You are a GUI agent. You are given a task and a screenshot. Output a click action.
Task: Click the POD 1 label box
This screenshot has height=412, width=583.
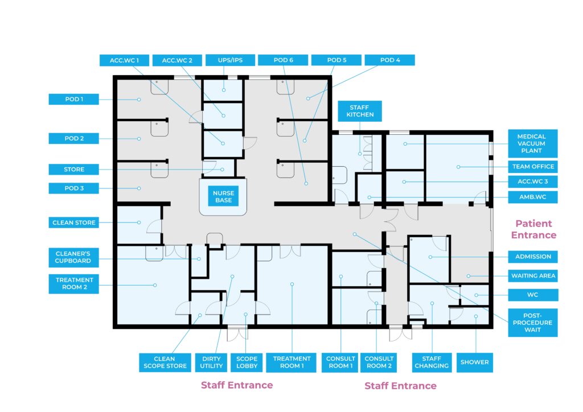tap(73, 99)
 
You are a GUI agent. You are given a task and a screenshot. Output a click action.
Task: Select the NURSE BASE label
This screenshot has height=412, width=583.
tap(223, 196)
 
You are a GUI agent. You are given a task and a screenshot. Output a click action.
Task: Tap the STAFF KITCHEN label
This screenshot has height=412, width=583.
tap(360, 111)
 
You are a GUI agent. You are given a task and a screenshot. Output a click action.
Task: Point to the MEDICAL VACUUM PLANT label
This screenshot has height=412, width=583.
tap(532, 143)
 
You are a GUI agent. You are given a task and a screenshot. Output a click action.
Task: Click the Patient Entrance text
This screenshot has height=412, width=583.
tap(533, 229)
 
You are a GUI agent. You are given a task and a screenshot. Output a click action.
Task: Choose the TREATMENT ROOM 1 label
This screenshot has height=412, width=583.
tap(291, 362)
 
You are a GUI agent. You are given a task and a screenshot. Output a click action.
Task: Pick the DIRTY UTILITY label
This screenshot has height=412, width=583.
tap(211, 362)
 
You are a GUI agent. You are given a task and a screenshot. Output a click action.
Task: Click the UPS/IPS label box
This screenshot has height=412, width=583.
tap(230, 60)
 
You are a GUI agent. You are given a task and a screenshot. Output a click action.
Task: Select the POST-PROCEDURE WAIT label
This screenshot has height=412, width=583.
tap(532, 323)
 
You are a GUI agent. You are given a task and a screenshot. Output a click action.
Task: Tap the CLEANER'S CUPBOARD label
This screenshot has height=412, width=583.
tap(73, 257)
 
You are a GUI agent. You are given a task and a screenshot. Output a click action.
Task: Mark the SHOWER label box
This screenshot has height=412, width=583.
tap(474, 362)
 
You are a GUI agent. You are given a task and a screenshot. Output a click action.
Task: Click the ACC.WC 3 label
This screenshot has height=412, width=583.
tap(532, 182)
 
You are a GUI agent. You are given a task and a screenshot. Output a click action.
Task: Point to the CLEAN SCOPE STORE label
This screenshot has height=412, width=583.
tap(165, 362)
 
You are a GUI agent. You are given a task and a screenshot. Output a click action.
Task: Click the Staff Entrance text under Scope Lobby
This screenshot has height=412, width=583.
tap(237, 385)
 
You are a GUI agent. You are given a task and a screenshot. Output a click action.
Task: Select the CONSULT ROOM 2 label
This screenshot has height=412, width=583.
tap(379, 362)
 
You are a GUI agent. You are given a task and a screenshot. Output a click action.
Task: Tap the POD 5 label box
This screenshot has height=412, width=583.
tap(336, 60)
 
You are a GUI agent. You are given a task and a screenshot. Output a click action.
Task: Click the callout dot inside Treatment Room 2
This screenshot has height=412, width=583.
tap(155, 285)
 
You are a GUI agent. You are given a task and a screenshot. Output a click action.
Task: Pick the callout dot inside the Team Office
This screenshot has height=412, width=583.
tap(458, 167)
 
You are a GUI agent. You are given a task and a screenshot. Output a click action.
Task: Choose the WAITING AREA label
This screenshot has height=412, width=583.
tap(532, 275)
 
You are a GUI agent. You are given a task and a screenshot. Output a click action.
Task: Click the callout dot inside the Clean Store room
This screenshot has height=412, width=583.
tap(139, 223)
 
